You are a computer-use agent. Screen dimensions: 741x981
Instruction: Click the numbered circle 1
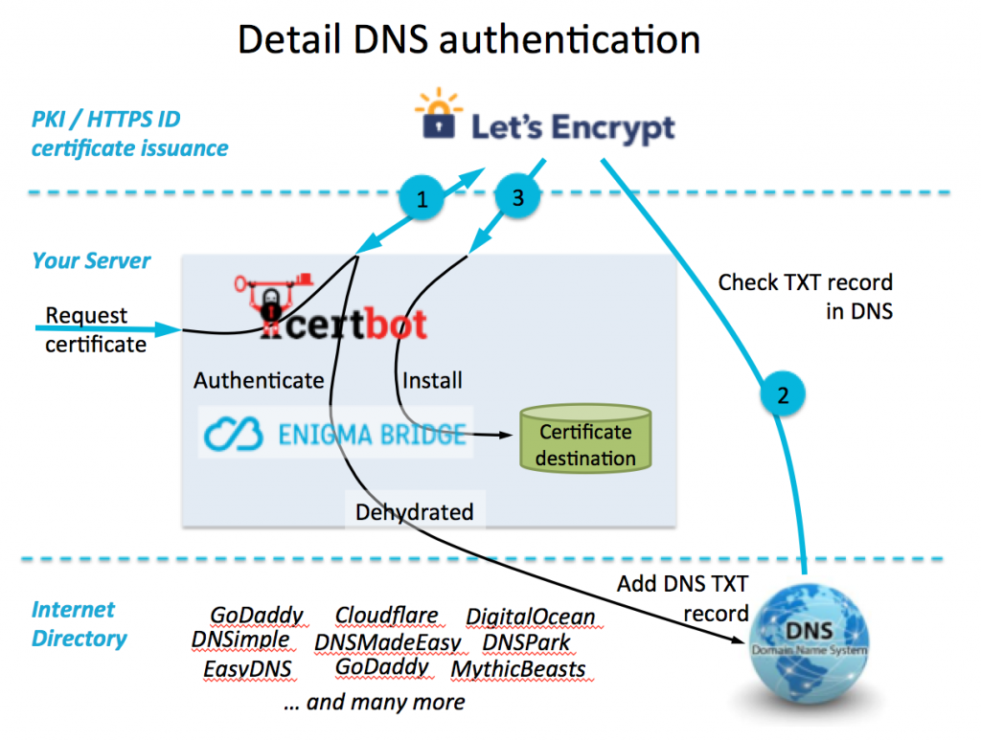pyautogui.click(x=422, y=198)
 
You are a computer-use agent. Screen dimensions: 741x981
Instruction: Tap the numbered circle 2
pyautogui.click(x=783, y=394)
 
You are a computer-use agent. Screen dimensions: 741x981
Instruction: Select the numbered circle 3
pyautogui.click(x=518, y=198)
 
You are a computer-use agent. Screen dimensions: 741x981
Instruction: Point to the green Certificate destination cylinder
pyautogui.click(x=584, y=440)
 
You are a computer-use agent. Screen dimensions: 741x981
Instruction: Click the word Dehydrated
pyautogui.click(x=414, y=512)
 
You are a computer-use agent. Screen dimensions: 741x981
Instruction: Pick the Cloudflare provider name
pyautogui.click(x=386, y=616)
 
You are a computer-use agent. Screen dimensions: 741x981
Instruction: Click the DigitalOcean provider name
pyautogui.click(x=530, y=617)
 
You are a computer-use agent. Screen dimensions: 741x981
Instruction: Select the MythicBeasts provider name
pyautogui.click(x=517, y=668)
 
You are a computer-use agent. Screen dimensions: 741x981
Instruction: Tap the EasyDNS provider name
pyautogui.click(x=247, y=668)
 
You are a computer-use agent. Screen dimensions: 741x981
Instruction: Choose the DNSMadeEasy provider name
pyautogui.click(x=387, y=642)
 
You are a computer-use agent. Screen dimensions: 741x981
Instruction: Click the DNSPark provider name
pyautogui.click(x=526, y=642)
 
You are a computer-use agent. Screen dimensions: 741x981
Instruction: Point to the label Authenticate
pyautogui.click(x=259, y=380)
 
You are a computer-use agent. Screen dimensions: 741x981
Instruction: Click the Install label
pyautogui.click(x=432, y=380)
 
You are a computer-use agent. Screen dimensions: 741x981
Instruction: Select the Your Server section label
pyautogui.click(x=91, y=260)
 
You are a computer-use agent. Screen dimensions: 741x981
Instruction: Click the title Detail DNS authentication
pyautogui.click(x=468, y=40)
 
